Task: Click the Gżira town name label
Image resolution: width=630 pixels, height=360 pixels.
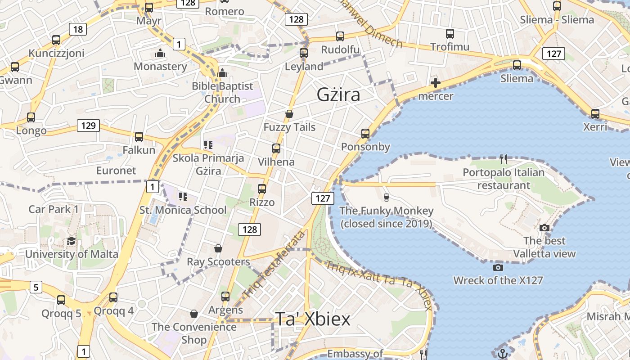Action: [x=338, y=94]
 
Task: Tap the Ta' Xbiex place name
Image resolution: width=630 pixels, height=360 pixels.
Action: [x=312, y=319]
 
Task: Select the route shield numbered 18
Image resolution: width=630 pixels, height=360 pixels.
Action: [x=78, y=30]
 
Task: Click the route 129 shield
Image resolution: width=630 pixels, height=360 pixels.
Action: [x=88, y=126]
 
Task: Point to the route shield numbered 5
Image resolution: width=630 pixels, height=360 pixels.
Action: [x=36, y=287]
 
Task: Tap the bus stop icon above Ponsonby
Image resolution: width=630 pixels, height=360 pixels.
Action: [x=365, y=133]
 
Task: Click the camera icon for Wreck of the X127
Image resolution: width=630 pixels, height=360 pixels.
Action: [x=498, y=267]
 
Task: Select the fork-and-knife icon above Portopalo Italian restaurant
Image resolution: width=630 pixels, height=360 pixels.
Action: [x=504, y=159]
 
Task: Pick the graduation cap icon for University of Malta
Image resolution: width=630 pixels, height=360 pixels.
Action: [x=71, y=241]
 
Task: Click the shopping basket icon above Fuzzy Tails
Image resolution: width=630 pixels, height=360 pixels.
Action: [x=289, y=114]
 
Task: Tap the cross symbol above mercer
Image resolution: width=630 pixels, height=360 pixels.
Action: [x=435, y=83]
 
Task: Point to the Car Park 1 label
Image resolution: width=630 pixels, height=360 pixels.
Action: [x=54, y=209]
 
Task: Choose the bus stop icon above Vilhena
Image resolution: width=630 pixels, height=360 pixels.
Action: [x=276, y=148]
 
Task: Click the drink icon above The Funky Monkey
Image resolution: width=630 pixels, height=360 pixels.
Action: [x=386, y=197]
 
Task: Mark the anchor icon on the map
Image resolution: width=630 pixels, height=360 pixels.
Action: [x=503, y=353]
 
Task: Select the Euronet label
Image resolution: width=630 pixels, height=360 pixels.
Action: [x=116, y=171]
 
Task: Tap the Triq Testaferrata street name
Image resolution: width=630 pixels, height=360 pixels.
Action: [x=273, y=265]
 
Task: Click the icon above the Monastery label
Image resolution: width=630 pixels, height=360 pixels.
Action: [x=160, y=53]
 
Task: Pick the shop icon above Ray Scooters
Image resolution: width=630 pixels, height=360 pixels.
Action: [x=218, y=248]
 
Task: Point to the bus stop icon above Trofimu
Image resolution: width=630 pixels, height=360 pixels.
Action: [x=450, y=33]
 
